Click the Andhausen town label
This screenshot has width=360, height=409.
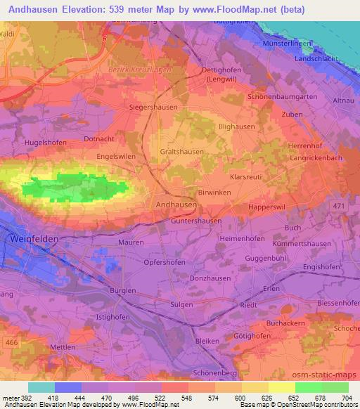175,204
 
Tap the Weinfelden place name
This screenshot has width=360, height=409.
34,240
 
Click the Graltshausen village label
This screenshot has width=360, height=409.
182,152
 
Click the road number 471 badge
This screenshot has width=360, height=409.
339,204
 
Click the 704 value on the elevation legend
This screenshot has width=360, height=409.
346,397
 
